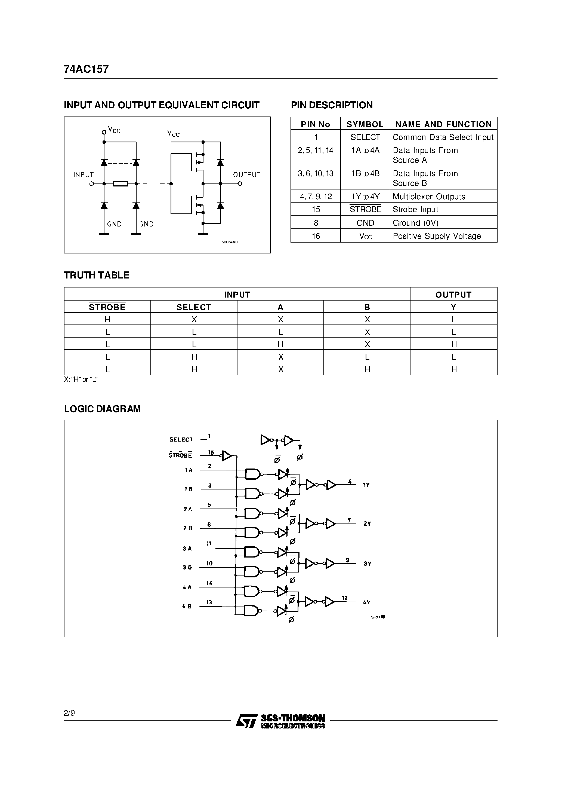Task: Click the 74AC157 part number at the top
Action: coord(86,69)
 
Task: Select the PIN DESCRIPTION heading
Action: coord(332,105)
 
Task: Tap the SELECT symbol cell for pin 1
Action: coord(365,137)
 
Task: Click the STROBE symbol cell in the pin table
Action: coord(365,209)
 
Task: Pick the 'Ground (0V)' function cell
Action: coord(415,223)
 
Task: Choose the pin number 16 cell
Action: coord(316,236)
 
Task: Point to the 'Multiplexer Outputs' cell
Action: coord(429,197)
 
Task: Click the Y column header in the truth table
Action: coord(453,307)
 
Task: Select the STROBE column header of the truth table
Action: coord(107,307)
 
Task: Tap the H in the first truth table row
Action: coord(107,320)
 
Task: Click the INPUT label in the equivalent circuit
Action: coord(83,175)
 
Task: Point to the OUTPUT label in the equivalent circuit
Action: coord(246,175)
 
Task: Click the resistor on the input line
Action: coord(121,184)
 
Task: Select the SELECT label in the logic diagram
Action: coord(181,440)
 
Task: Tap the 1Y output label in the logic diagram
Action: coord(366,485)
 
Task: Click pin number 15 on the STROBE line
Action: coord(211,452)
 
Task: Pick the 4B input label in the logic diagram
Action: coord(187,606)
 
